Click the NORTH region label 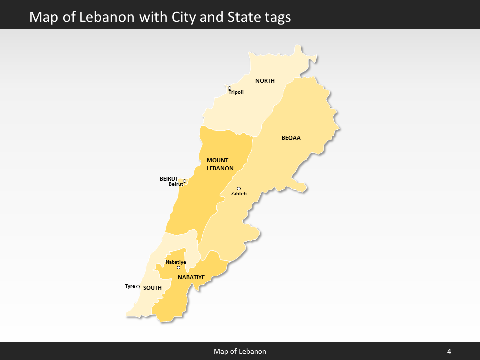(265, 81)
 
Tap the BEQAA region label (291, 138)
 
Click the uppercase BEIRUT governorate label (169, 178)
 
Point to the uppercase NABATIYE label (191, 277)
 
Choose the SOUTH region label (152, 288)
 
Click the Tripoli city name (236, 92)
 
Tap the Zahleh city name (239, 193)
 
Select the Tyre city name (130, 286)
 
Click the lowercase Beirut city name (176, 184)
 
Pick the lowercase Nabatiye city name (176, 262)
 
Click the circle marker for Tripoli (230, 88)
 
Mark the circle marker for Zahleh (239, 188)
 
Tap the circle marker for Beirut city (184, 181)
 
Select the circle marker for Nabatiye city (178, 267)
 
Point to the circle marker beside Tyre (138, 287)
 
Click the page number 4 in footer (449, 351)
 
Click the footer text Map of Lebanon (240, 351)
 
